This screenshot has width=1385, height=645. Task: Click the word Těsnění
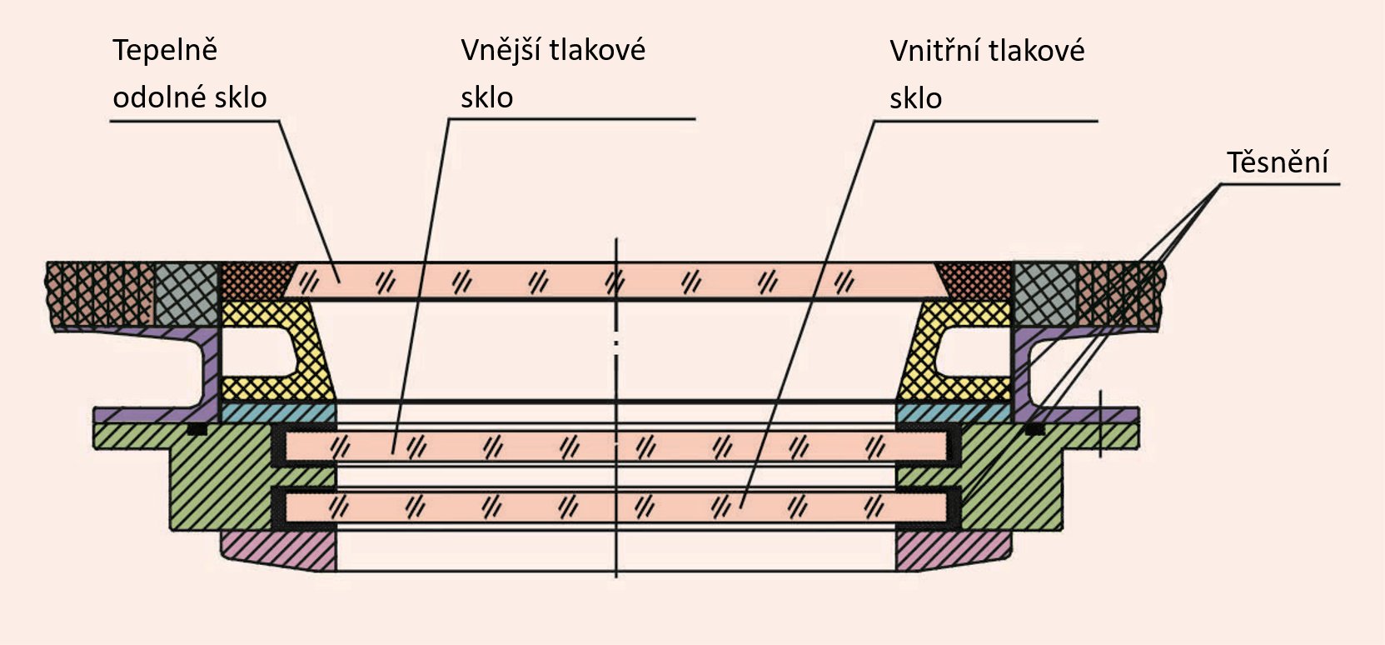[x=1277, y=162]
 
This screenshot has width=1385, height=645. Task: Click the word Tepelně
[x=165, y=50]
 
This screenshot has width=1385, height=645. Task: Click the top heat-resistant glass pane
[x=616, y=280]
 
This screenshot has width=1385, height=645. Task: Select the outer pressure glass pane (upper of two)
[x=616, y=447]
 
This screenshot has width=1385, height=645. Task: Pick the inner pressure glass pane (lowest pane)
[x=616, y=506]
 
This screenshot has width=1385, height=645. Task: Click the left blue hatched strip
[x=279, y=412]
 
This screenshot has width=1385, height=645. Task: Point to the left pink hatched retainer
[x=279, y=550]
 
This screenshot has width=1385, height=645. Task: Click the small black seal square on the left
[x=197, y=429]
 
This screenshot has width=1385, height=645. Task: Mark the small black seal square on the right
[x=1034, y=429]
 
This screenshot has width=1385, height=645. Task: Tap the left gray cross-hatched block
[x=187, y=292]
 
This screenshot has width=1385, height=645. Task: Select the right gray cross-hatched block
[x=1044, y=292]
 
